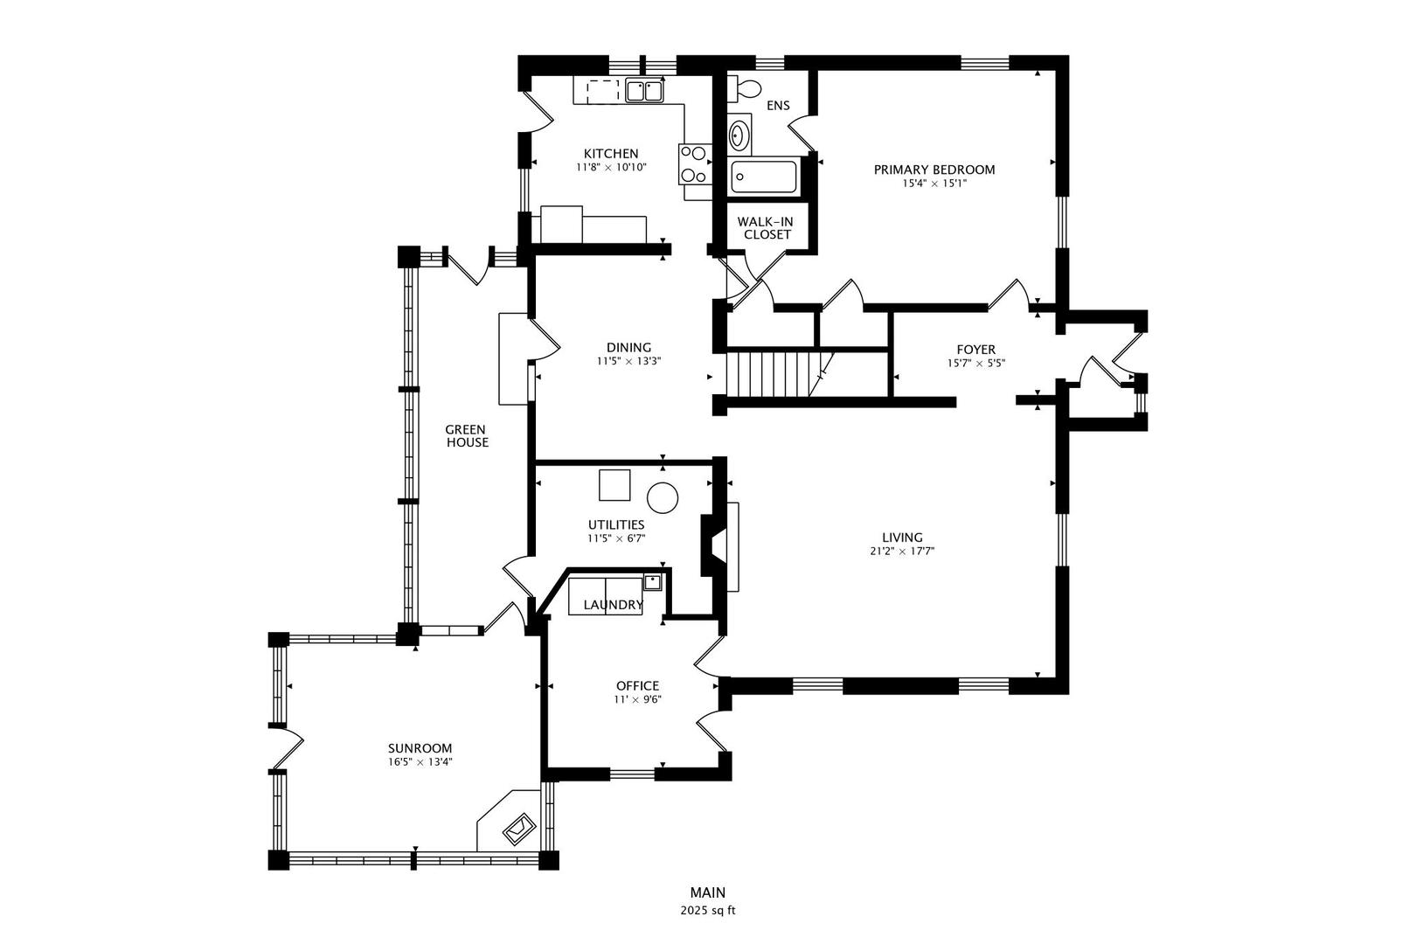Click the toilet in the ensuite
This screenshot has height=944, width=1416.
746,88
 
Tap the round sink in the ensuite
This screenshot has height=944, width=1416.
739,135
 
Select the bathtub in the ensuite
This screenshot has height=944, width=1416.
764,178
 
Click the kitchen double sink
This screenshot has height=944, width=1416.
645,89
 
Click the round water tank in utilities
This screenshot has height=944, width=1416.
662,498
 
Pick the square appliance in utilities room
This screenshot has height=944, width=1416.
614,485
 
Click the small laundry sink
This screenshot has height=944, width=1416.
652,580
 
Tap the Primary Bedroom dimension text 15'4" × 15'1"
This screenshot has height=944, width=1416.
934,184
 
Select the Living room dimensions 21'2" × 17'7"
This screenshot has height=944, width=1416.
902,552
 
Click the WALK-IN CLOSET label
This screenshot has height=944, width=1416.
766,228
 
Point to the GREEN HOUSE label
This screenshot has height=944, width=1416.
466,436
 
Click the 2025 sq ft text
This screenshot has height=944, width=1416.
708,911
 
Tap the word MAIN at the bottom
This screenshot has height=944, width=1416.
708,892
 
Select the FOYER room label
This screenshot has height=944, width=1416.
975,350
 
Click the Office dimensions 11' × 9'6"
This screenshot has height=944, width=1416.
637,699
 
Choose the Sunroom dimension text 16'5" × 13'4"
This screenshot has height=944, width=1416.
420,762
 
